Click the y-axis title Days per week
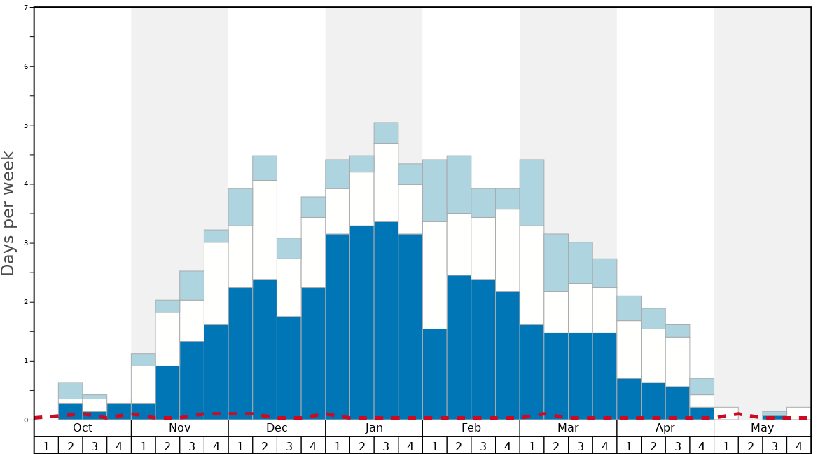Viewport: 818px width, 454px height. (x=8, y=213)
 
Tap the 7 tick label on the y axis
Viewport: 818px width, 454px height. (x=26, y=8)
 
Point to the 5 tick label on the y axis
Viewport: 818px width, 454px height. (x=26, y=125)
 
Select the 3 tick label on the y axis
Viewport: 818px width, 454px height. (x=26, y=243)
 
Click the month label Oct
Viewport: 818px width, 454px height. (x=83, y=428)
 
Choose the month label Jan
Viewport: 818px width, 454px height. (x=374, y=428)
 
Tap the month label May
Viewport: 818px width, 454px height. (x=763, y=428)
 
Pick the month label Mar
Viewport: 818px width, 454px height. (x=568, y=428)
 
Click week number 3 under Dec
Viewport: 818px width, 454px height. (x=289, y=446)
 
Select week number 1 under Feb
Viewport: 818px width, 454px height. (x=435, y=446)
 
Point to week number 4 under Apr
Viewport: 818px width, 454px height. (x=702, y=446)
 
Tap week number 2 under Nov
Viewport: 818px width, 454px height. (x=167, y=446)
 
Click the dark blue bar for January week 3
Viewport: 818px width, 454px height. (x=386, y=320)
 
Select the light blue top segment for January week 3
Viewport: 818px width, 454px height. (x=386, y=132)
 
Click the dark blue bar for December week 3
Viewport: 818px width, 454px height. (x=289, y=368)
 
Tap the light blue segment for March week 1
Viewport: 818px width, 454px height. (x=532, y=193)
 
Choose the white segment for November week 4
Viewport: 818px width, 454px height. (x=216, y=283)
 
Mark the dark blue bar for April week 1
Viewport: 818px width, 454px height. (x=629, y=399)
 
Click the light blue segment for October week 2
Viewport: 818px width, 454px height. (x=71, y=390)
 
